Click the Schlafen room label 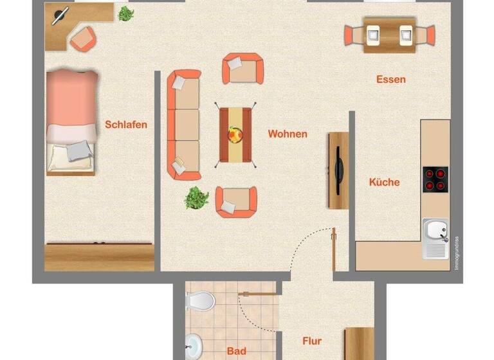[x=126, y=125]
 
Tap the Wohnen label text [x=288, y=134]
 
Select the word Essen [x=391, y=80]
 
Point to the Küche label [x=384, y=182]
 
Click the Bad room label [x=236, y=351]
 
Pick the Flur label [x=312, y=341]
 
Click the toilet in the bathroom [x=201, y=300]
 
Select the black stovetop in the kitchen [x=435, y=179]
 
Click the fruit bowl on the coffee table [x=235, y=135]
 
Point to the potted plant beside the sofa [x=197, y=197]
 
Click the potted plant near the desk [x=125, y=13]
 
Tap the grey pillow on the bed [x=80, y=150]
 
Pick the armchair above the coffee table [x=242, y=68]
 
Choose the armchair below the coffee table [x=235, y=202]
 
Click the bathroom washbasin [x=193, y=346]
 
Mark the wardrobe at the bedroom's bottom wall [x=100, y=256]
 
